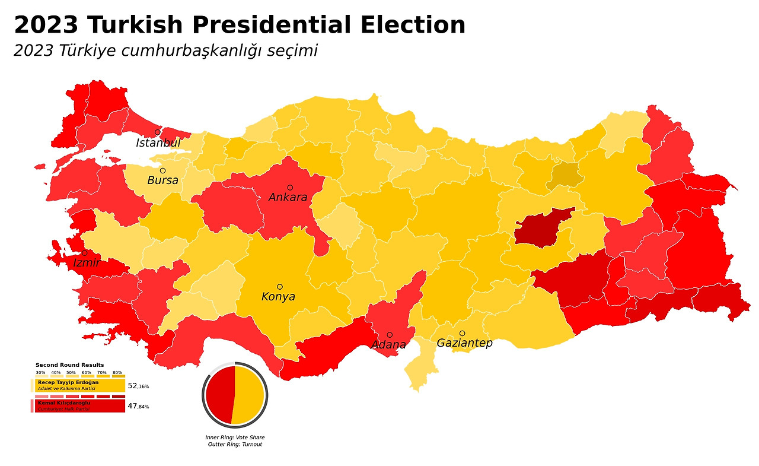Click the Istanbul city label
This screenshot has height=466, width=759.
(x=158, y=143)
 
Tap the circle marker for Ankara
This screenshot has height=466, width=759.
(x=290, y=188)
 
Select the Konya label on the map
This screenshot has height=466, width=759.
(x=278, y=297)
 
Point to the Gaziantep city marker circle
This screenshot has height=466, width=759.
(x=462, y=333)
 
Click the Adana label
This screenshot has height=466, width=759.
(x=388, y=345)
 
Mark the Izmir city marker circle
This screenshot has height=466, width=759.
(x=84, y=253)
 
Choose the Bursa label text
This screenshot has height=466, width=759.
(x=162, y=180)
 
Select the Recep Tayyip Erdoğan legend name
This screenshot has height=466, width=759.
(x=68, y=382)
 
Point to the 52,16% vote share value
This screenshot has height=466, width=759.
(x=138, y=386)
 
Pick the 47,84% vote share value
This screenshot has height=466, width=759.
(x=138, y=407)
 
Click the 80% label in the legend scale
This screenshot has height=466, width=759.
(x=117, y=372)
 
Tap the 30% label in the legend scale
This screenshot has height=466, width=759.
(x=40, y=372)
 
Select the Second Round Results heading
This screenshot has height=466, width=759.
(x=69, y=365)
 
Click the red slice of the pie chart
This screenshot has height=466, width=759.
(x=219, y=395)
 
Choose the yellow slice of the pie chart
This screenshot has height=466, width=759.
(x=249, y=395)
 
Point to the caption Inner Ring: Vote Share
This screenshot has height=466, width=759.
(x=235, y=438)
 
